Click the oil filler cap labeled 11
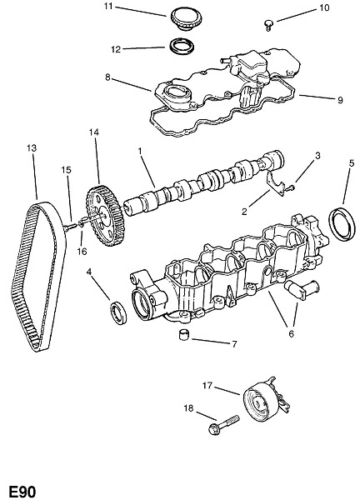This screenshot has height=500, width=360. (x=186, y=18)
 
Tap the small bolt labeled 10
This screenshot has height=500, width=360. (x=269, y=25)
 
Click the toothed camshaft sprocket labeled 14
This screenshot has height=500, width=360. (x=106, y=216)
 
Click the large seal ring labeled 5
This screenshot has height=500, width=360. (x=342, y=224)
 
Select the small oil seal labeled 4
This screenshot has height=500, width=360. (x=118, y=312)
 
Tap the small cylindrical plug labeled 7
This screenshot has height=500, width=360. (x=183, y=335)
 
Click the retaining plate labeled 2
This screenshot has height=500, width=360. (x=274, y=182)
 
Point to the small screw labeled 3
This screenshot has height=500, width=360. (x=290, y=188)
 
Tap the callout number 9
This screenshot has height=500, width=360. (x=340, y=100)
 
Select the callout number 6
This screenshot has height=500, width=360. (x=291, y=334)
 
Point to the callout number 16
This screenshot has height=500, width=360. (x=82, y=252)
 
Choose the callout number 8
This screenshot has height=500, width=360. (x=107, y=77)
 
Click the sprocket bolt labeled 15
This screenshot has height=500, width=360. (x=70, y=227)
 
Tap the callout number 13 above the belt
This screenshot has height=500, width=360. (x=32, y=148)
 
